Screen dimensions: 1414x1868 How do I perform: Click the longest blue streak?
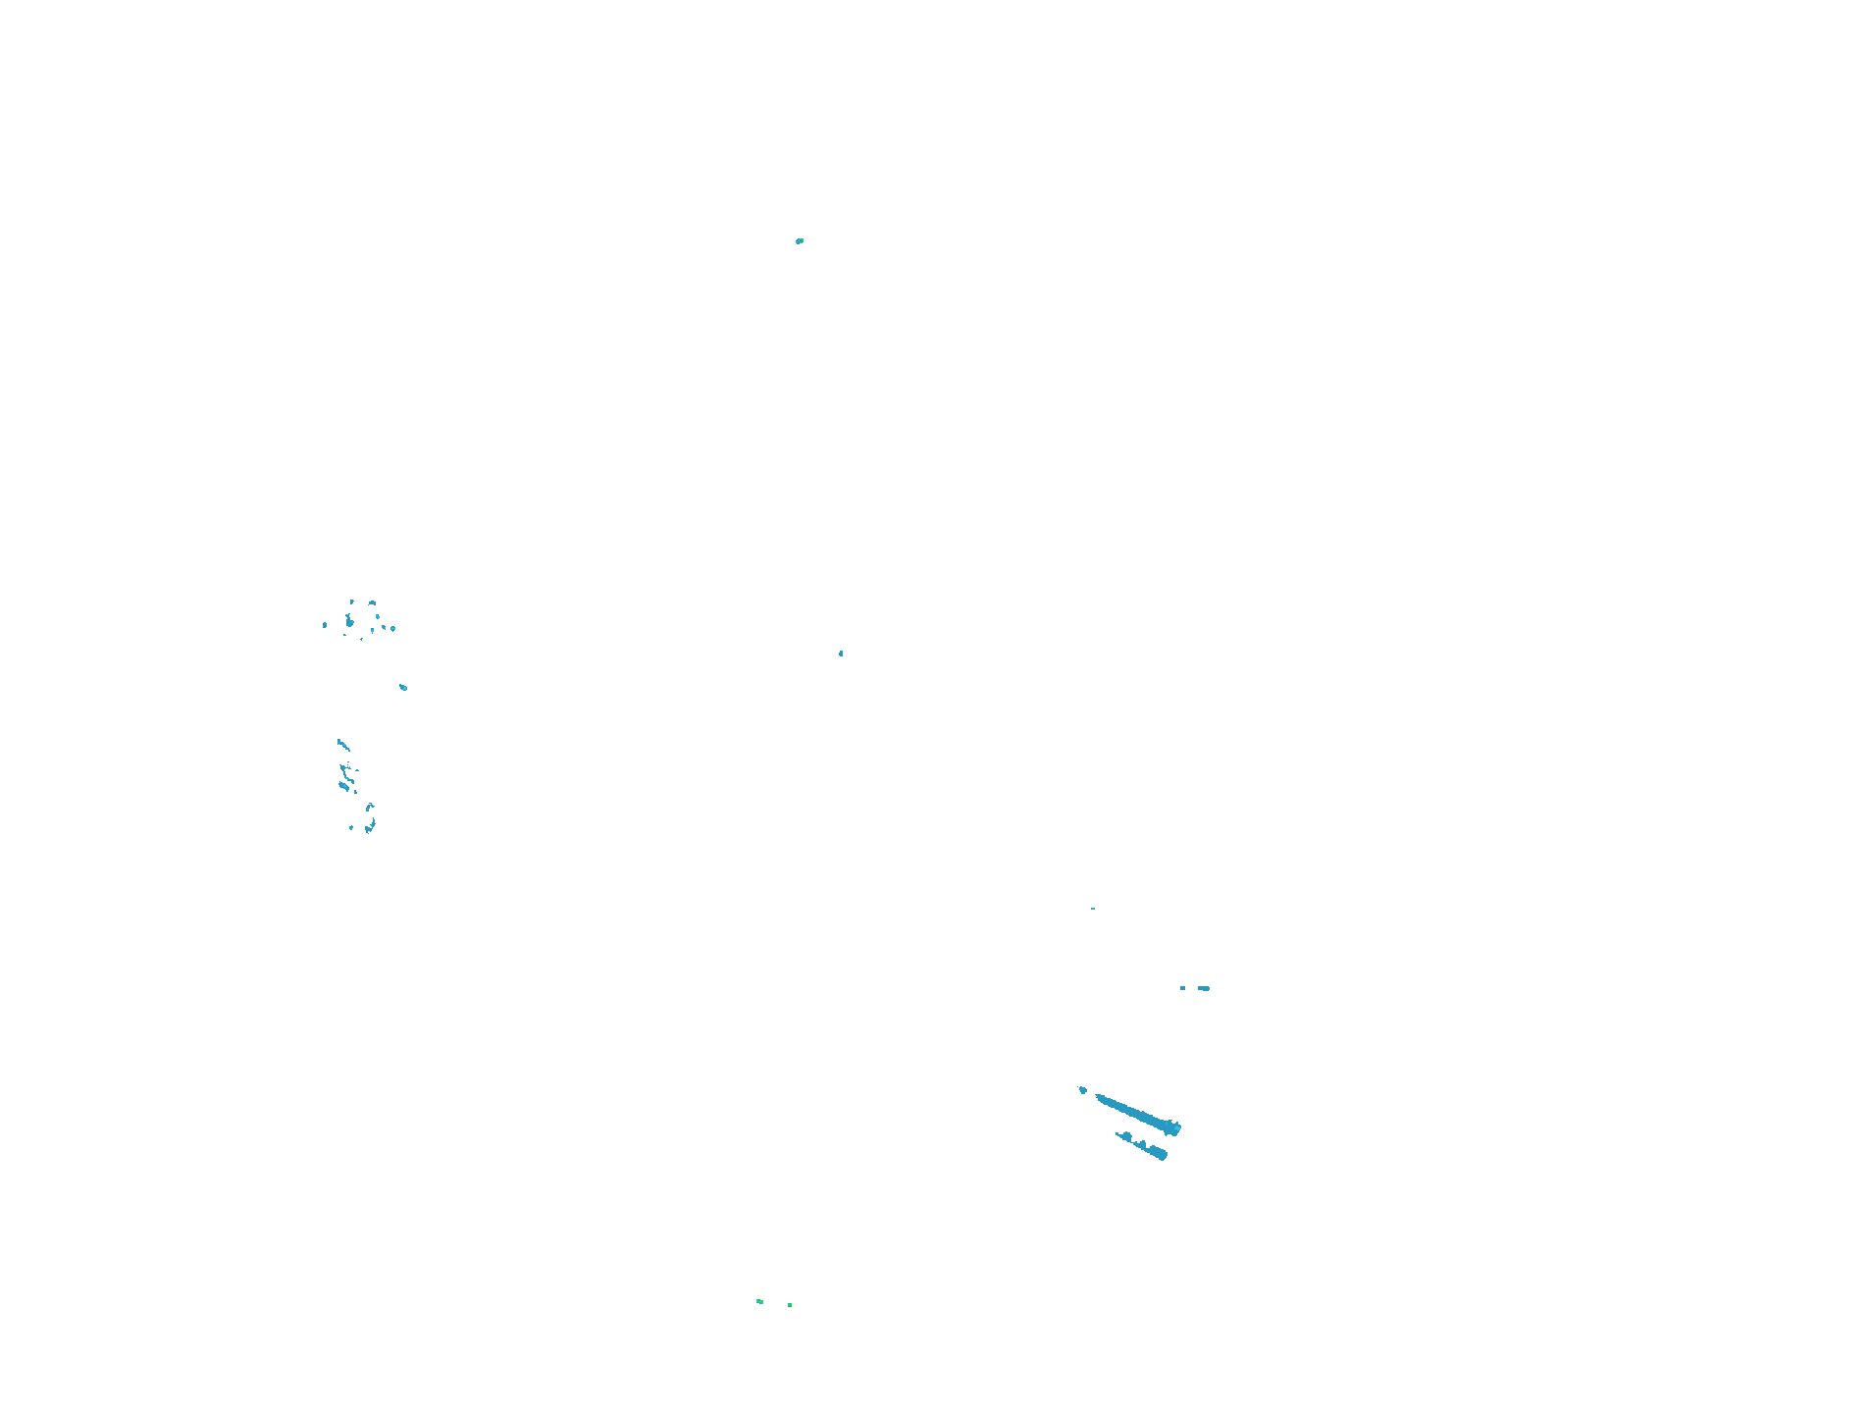click(1138, 1114)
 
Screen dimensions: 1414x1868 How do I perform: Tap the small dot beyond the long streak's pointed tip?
click(1083, 1089)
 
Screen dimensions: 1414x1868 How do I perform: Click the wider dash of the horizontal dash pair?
click(1204, 988)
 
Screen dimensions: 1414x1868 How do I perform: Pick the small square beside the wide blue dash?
click(1182, 988)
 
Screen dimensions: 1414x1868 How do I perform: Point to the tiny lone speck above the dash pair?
click(1093, 909)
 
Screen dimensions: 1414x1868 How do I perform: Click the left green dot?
click(759, 1301)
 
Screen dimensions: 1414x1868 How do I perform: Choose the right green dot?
click(790, 1305)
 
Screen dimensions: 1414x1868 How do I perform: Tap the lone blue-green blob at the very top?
click(800, 240)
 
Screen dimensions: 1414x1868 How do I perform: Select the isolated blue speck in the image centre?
click(841, 654)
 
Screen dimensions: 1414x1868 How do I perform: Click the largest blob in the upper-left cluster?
click(349, 621)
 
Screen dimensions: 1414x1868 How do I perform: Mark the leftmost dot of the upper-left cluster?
click(325, 625)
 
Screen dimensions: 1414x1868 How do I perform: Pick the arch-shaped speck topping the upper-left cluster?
click(372, 602)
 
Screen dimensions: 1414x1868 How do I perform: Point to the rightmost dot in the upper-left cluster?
click(393, 628)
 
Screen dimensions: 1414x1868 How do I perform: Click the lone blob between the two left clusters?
click(403, 687)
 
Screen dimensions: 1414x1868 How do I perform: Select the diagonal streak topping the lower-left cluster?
click(342, 745)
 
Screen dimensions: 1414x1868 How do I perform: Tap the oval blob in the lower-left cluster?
click(343, 785)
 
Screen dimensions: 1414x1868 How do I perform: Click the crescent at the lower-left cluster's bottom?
click(370, 827)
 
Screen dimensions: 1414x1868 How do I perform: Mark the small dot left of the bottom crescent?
click(351, 827)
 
